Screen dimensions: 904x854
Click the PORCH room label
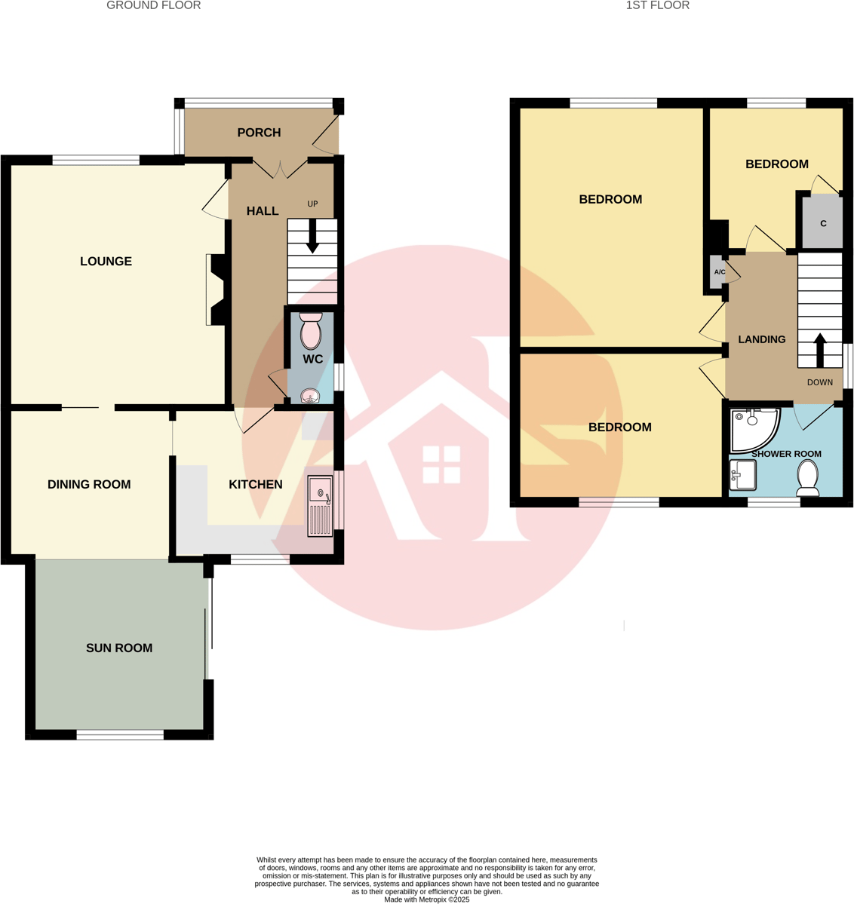(x=259, y=133)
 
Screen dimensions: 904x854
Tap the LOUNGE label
(x=106, y=262)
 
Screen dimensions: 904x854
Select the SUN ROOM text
(x=119, y=648)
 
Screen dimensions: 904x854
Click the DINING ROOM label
(x=89, y=485)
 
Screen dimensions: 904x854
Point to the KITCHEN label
(x=256, y=485)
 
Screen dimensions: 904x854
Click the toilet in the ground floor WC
(x=311, y=331)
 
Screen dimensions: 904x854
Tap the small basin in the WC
(x=311, y=396)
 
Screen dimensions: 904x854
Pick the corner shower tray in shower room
(x=752, y=427)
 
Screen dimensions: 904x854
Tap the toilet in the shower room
(x=808, y=478)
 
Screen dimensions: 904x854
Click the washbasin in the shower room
(x=742, y=475)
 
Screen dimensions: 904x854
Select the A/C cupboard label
(x=720, y=272)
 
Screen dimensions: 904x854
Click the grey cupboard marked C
(x=822, y=223)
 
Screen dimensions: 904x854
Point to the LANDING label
(x=761, y=340)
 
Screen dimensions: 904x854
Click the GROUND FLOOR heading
(x=153, y=6)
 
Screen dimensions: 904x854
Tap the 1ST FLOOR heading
(x=657, y=6)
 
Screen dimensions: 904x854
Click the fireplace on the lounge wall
(x=216, y=290)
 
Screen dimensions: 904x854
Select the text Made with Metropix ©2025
(x=426, y=899)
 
